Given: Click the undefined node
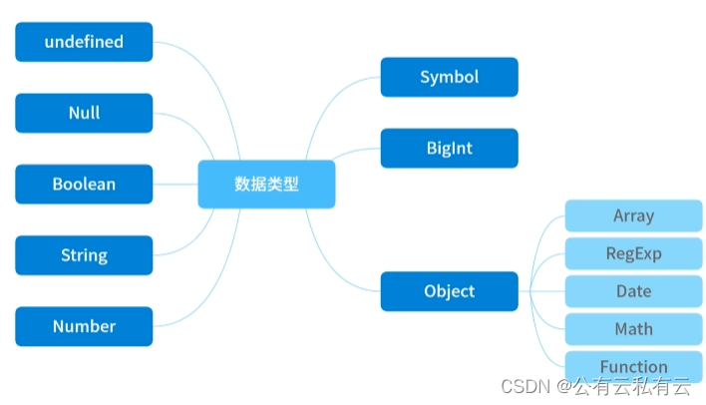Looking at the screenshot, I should coord(84,42).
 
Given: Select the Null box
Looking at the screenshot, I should coord(84,113).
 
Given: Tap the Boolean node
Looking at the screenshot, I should coord(84,185).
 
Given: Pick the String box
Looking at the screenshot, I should coord(84,255).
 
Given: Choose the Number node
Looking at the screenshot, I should coord(84,326).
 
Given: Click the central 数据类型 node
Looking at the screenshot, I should coord(266,185).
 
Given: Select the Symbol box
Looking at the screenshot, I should coord(449,77).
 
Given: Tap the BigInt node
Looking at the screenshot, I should coord(449,149).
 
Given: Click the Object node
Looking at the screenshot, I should coord(449,291).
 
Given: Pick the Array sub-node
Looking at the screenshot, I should coord(633,215).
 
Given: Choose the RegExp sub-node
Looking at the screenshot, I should coord(633,253).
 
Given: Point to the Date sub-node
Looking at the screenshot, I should coord(633,291).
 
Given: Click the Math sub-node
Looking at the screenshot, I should coord(633,329).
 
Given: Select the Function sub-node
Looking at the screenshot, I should coord(633,366).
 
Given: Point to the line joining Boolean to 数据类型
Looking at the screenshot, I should coord(176,185).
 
